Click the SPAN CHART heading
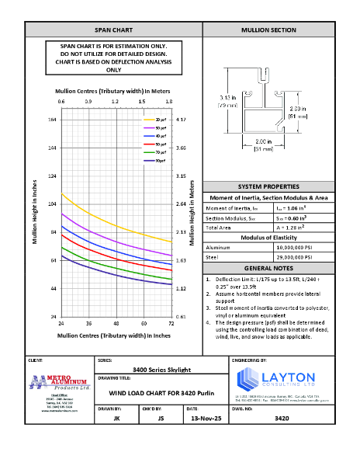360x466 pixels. [x=113, y=30]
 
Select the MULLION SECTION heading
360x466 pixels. [x=269, y=30]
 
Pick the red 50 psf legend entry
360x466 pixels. [x=158, y=144]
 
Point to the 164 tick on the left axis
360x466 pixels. [x=52, y=120]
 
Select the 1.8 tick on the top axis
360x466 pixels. [x=169, y=102]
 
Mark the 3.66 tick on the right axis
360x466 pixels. [x=182, y=148]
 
